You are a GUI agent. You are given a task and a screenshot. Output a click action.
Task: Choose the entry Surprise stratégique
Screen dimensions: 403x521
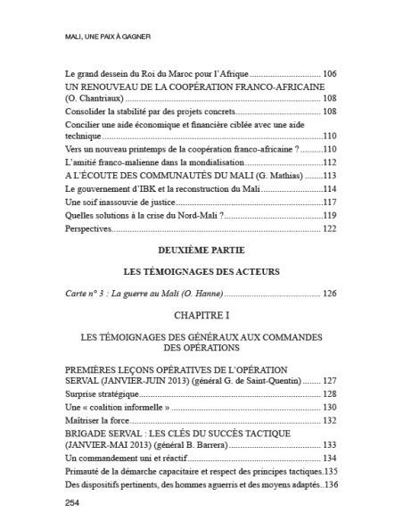coord(101,393)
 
